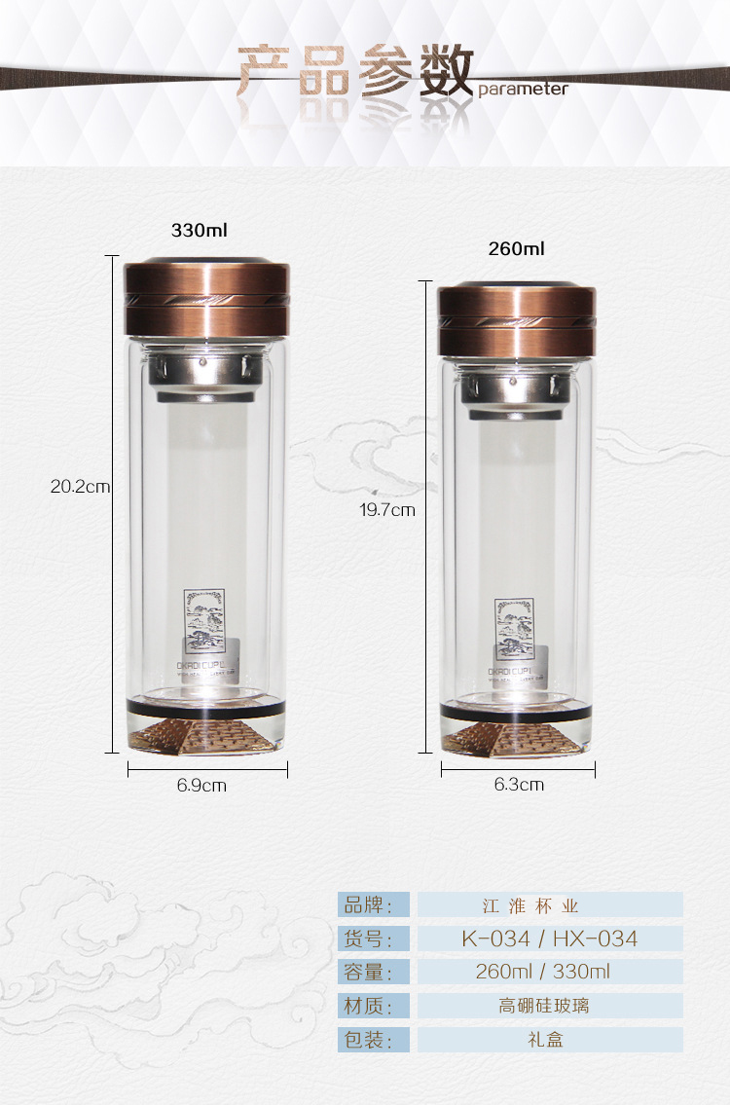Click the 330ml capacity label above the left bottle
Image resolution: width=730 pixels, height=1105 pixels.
[200, 231]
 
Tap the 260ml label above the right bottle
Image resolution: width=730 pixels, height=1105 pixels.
[516, 249]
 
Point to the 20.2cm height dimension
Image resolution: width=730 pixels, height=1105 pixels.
[80, 487]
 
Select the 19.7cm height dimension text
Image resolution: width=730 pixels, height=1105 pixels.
[387, 509]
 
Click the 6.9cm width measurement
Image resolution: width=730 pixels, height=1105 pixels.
[201, 785]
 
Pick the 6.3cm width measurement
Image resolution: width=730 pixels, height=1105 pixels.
[519, 785]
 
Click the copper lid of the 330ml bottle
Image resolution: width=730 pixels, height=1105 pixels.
[207, 297]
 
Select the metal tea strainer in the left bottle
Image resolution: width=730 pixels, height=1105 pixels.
[207, 375]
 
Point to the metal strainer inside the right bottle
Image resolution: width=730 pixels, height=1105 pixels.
[516, 395]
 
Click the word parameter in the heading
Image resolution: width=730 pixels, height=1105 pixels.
[523, 90]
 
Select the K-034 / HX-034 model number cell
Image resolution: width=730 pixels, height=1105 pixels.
[550, 939]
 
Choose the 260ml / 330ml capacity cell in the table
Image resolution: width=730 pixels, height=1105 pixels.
[550, 972]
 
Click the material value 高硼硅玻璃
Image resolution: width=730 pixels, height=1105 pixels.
[550, 1006]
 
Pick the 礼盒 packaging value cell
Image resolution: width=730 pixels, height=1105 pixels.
[550, 1039]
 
